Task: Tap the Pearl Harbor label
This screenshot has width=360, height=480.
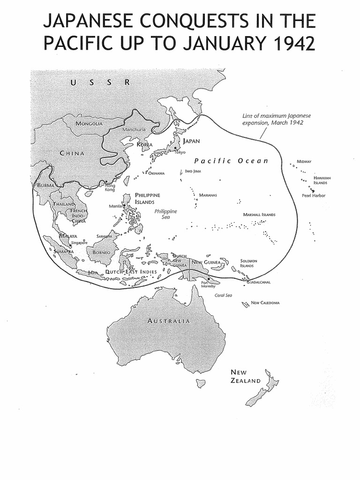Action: [314, 195]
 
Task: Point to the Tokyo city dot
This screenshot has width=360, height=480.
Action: [175, 148]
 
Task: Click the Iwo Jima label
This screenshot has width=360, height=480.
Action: [193, 171]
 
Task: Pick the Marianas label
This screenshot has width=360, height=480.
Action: [208, 195]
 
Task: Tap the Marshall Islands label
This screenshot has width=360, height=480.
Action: [259, 215]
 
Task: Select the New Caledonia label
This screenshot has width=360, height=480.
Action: [265, 303]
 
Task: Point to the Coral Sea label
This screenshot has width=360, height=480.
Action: [223, 295]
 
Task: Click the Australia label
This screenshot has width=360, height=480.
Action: [169, 321]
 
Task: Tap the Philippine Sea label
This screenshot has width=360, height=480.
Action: [166, 214]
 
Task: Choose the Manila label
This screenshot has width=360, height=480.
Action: [115, 206]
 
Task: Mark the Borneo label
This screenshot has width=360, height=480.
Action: [101, 252]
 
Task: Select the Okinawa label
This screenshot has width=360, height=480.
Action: [156, 173]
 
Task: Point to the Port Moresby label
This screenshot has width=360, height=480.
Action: [208, 284]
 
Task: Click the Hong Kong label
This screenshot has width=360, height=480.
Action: [110, 187]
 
